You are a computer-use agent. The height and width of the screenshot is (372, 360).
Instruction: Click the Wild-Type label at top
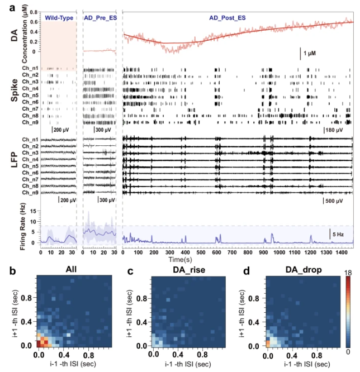tap(59, 18)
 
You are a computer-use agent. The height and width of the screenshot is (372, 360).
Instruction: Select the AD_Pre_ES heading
tap(100, 18)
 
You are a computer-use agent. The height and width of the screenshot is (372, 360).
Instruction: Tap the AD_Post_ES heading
tap(228, 18)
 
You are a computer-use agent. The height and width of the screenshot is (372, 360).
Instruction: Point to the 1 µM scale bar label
tap(310, 54)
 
